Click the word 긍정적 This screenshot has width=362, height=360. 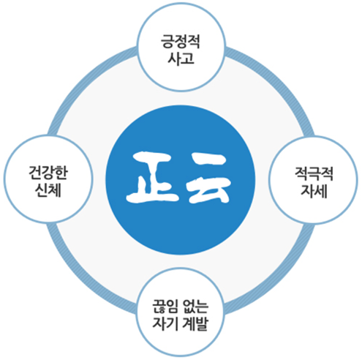coord(181,42)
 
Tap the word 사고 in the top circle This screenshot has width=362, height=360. coord(181,59)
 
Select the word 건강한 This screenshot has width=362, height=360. coord(48,173)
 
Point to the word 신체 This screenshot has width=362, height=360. coord(48,190)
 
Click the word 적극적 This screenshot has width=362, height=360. coord(314,173)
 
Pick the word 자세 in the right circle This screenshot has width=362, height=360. coord(314,190)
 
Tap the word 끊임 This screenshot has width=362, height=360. coord(165,307)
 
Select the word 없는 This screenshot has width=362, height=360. coord(195,307)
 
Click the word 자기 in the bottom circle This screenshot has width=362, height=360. coord(165,323)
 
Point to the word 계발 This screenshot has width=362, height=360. coord(195,323)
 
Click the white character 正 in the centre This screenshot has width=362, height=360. coord(153,177)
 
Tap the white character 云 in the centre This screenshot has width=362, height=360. coord(209,178)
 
